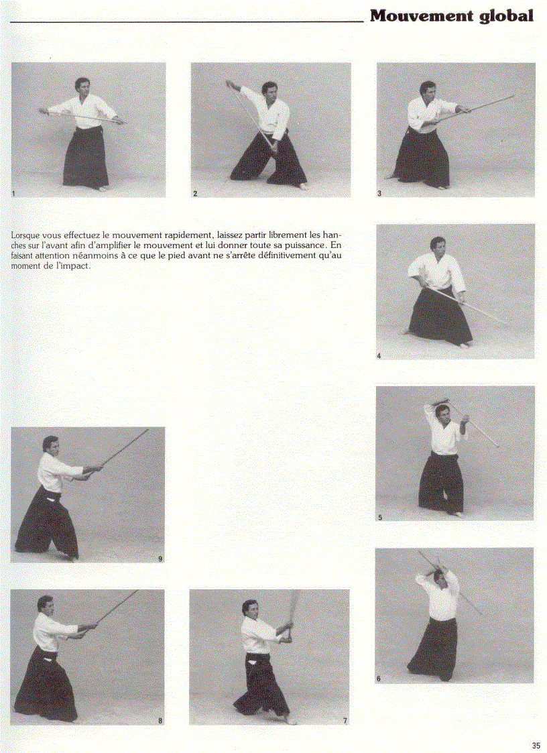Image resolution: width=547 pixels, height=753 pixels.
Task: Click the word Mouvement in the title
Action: click(x=422, y=15)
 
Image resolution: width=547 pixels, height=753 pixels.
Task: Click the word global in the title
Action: click(x=507, y=16)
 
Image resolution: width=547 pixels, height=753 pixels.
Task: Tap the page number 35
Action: click(x=536, y=745)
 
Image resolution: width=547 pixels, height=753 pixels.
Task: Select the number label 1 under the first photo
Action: click(x=13, y=194)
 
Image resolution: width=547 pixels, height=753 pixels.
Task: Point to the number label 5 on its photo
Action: click(x=379, y=518)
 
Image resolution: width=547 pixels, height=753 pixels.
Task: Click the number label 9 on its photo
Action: click(x=160, y=558)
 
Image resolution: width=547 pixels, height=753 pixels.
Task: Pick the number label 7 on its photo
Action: click(x=345, y=721)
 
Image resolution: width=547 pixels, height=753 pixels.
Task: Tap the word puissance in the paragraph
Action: click(x=304, y=245)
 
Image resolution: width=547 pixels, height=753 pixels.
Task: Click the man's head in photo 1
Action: click(x=82, y=86)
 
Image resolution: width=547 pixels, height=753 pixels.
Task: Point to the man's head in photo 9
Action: click(x=50, y=445)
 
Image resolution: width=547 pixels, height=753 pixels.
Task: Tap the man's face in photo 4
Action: click(x=438, y=246)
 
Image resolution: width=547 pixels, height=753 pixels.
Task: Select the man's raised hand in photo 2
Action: click(x=229, y=84)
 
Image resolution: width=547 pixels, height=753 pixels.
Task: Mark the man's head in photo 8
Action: click(x=45, y=603)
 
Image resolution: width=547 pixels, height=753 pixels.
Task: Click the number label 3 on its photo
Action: click(x=379, y=194)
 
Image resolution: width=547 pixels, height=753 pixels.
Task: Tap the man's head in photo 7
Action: click(x=250, y=608)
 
